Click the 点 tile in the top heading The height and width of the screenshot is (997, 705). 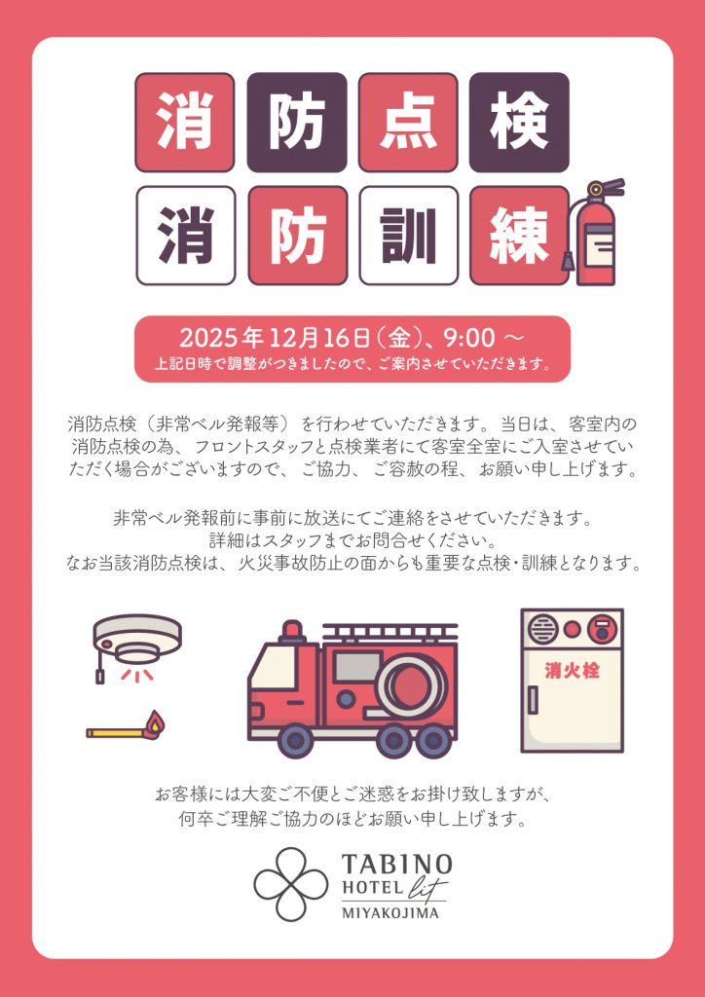[x=408, y=122]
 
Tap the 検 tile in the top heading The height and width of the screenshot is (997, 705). [x=519, y=122]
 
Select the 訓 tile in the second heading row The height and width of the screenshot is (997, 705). [x=409, y=236]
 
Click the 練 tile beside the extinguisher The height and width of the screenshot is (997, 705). [x=519, y=236]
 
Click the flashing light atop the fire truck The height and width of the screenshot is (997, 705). [x=292, y=631]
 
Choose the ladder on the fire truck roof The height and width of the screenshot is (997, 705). [x=390, y=631]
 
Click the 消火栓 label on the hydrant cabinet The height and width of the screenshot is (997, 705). [x=572, y=670]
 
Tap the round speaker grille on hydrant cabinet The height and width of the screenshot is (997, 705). [x=542, y=630]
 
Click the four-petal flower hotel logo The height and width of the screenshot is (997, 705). [x=291, y=884]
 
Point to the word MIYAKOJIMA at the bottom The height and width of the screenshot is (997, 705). [x=390, y=913]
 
